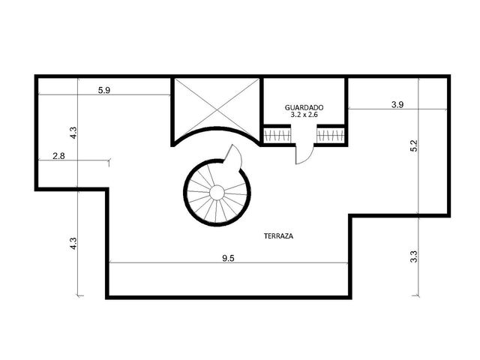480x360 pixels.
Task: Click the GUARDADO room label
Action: click(x=304, y=108)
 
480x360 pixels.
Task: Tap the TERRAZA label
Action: click(x=278, y=236)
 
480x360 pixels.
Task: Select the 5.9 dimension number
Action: click(x=104, y=90)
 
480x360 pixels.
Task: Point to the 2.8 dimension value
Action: click(x=58, y=156)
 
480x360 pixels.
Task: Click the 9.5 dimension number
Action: click(x=228, y=258)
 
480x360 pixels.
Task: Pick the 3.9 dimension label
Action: click(x=397, y=105)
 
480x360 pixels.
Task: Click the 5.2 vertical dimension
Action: click(x=414, y=145)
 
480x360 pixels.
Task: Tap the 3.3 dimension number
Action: click(x=414, y=256)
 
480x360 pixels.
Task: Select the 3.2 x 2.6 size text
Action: click(x=304, y=115)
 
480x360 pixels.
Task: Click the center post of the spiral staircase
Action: click(x=217, y=193)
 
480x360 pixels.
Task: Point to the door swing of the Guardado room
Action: click(x=304, y=154)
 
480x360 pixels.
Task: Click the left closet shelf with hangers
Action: click(x=277, y=135)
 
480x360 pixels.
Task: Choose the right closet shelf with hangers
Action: click(x=331, y=135)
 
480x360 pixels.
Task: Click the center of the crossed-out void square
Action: click(x=217, y=109)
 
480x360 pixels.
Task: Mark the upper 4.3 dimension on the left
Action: click(x=73, y=133)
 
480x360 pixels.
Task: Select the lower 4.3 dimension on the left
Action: click(x=73, y=243)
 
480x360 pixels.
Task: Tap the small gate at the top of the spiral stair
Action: click(x=233, y=155)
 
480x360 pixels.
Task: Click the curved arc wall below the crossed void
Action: click(x=217, y=128)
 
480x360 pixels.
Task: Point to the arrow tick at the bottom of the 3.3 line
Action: click(x=415, y=295)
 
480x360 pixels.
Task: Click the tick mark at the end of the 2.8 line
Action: click(x=109, y=162)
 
